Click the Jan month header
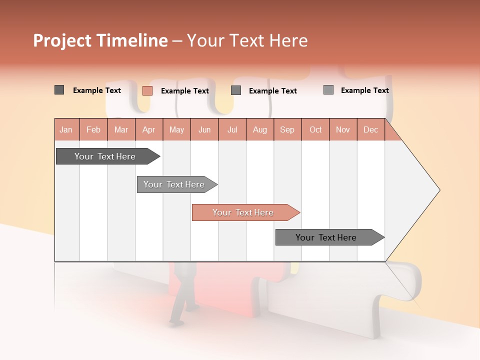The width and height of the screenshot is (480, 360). (x=66, y=130)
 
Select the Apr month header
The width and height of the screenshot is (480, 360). (x=149, y=130)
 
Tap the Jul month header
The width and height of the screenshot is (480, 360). (x=232, y=130)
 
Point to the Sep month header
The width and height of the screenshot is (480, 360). (x=287, y=130)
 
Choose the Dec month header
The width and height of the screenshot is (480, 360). (x=370, y=130)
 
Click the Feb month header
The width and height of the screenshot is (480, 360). (x=93, y=130)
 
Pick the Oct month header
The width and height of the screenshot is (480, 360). (x=315, y=130)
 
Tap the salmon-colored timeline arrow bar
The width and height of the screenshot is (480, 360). (x=244, y=212)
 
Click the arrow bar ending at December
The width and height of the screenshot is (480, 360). (x=327, y=237)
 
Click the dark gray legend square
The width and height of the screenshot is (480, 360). (x=59, y=90)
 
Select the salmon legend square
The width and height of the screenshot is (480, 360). (x=147, y=90)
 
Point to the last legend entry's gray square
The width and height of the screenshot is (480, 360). (x=328, y=90)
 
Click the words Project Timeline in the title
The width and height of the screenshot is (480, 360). (x=100, y=40)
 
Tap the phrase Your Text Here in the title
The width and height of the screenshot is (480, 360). (x=247, y=40)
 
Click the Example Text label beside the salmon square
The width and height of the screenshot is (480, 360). (x=184, y=91)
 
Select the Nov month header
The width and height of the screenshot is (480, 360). (x=343, y=130)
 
